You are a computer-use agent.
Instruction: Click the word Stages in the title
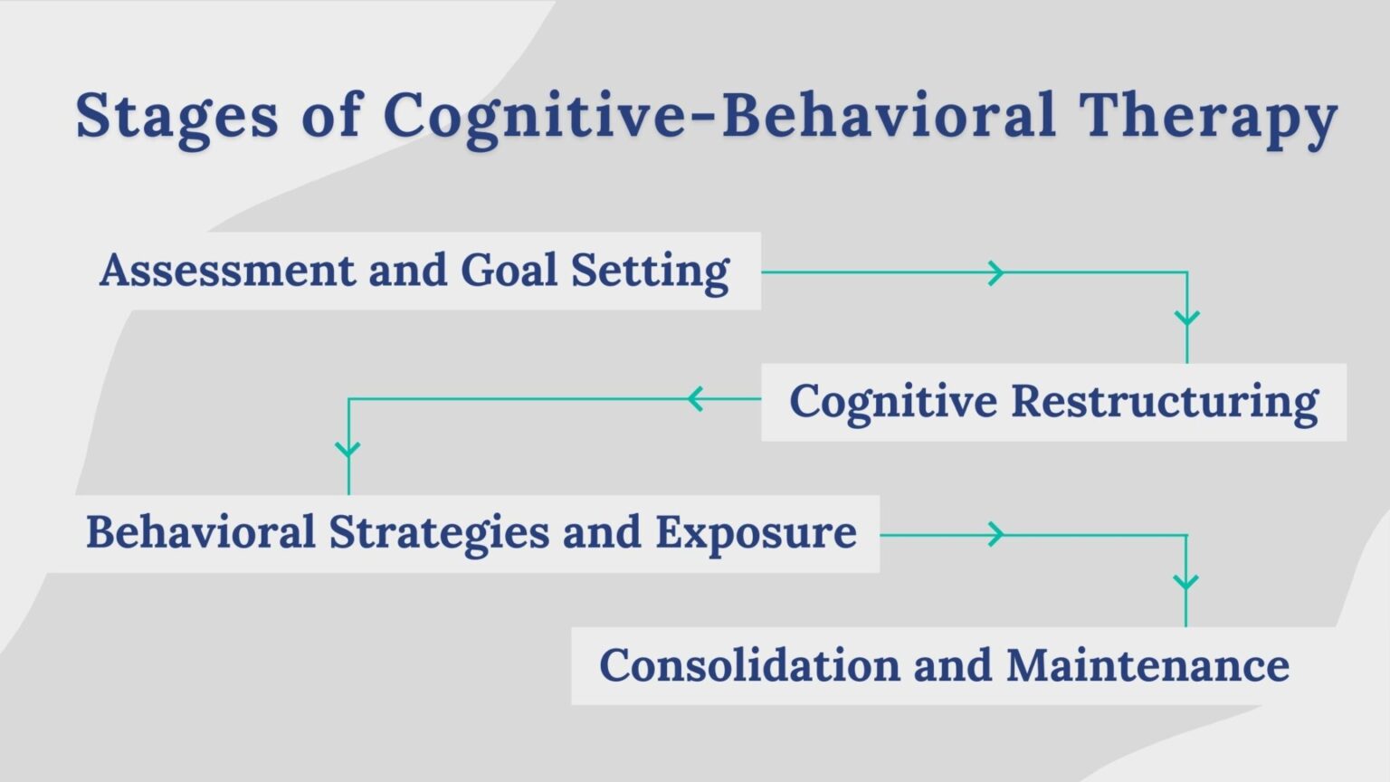click(x=176, y=116)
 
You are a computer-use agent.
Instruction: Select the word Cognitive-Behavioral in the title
click(x=719, y=115)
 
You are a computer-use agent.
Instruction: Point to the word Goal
click(x=508, y=270)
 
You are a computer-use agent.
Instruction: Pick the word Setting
click(x=649, y=271)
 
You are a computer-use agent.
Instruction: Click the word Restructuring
click(x=1164, y=401)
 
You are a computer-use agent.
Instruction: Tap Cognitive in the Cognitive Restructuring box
click(x=892, y=401)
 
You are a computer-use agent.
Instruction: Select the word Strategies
click(x=438, y=531)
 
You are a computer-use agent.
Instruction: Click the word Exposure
click(x=756, y=531)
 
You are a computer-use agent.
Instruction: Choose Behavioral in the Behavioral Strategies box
click(x=200, y=531)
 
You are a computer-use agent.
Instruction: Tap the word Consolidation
click(x=749, y=665)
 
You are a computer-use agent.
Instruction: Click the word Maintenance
click(x=1147, y=665)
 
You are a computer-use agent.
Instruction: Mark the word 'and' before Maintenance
click(x=952, y=665)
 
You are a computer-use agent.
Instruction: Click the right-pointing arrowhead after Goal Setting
click(x=995, y=272)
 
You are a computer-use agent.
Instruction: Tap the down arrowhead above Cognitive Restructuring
click(x=1186, y=318)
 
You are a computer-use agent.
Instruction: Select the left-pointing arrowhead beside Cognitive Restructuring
click(x=695, y=398)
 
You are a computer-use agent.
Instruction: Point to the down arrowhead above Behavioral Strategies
click(x=348, y=448)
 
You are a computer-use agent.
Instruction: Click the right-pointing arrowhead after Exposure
click(x=995, y=535)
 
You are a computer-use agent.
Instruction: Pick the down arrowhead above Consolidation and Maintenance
click(x=1185, y=581)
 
